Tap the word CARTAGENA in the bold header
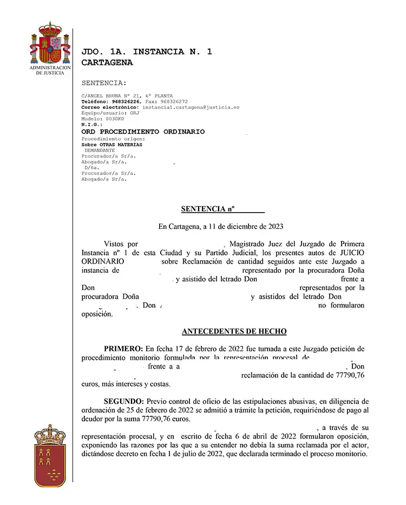click(107, 63)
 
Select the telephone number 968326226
click(126, 102)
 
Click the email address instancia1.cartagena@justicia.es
click(191, 108)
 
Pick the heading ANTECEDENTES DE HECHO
click(234, 331)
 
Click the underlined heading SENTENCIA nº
click(222, 208)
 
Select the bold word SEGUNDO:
click(124, 401)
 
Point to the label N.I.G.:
click(91, 125)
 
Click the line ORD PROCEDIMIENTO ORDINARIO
click(143, 132)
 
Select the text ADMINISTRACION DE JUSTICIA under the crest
click(50, 70)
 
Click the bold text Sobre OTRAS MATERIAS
click(112, 145)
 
